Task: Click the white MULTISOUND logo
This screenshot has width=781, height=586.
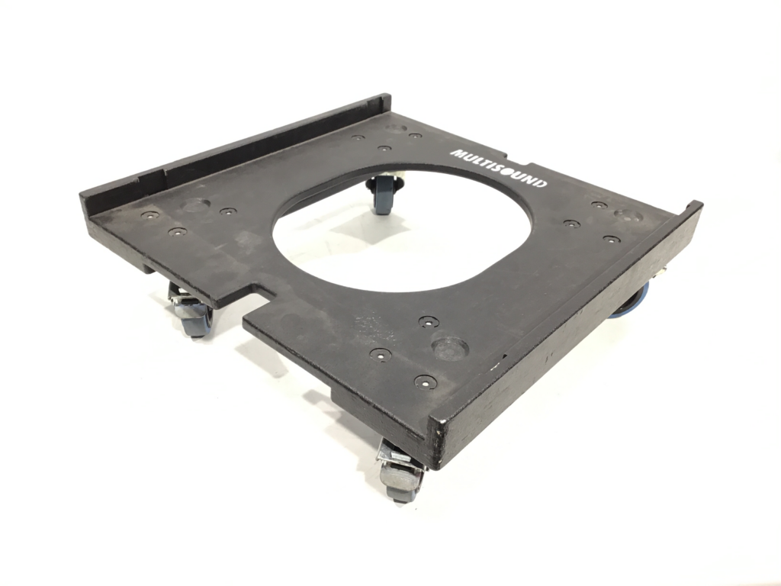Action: [x=499, y=169]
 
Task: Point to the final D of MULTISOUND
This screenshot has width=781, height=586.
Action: [x=540, y=183]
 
